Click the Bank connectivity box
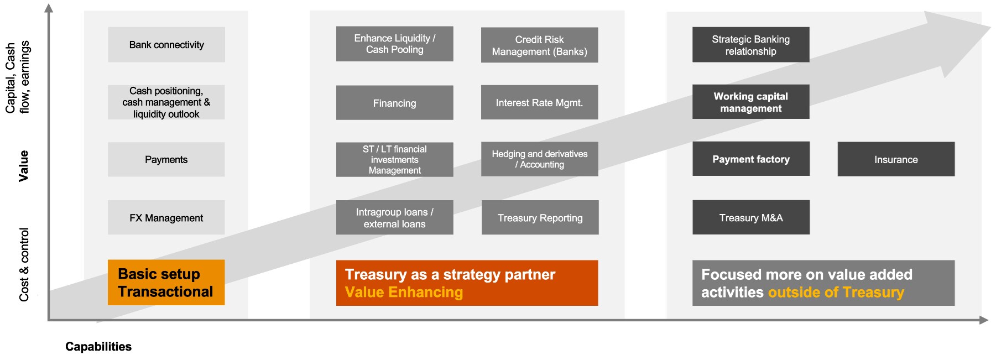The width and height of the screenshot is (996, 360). coord(166,45)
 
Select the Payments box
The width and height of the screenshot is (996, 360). coord(166,160)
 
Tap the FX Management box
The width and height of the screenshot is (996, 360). coord(166,218)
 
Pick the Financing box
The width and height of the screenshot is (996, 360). coord(394,103)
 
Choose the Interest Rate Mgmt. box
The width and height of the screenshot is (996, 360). coord(539,102)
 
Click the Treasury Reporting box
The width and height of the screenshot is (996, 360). coord(540,218)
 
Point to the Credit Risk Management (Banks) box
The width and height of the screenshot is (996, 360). coord(539,45)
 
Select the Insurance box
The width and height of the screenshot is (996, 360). coord(896,159)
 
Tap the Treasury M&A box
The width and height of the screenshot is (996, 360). coord(750,217)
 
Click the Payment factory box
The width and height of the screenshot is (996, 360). coord(750,159)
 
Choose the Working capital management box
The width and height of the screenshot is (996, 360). coord(750,102)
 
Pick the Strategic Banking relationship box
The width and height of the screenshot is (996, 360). coord(750,45)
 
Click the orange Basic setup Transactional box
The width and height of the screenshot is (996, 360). coord(166,283)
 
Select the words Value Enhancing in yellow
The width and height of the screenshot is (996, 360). coord(404,293)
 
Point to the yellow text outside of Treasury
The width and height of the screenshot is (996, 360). coord(836,293)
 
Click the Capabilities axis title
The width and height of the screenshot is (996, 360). coord(98,347)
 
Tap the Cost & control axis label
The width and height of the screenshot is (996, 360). coord(24,264)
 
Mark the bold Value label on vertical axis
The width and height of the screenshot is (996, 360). coord(23,165)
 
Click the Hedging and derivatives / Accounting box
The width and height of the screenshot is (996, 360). coord(539,159)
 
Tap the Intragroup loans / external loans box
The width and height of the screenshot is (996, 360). coord(394,218)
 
